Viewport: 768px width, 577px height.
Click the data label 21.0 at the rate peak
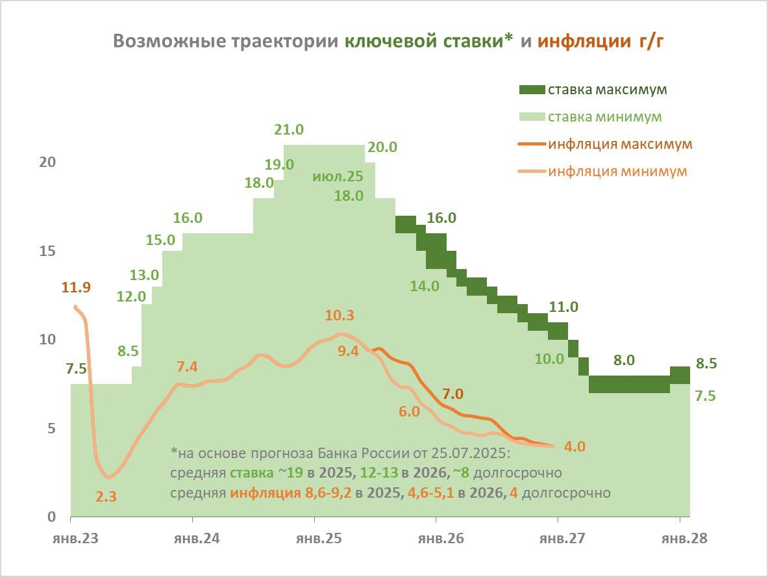289,129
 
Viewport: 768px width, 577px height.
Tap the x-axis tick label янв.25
314,539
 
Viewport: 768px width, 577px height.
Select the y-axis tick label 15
47,251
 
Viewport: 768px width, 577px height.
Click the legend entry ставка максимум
607,90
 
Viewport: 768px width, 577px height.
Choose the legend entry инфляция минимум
617,172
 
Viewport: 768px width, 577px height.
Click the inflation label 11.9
77,287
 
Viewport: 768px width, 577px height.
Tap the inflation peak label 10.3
340,316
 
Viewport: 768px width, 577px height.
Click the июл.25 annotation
338,176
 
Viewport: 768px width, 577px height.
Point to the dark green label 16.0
442,218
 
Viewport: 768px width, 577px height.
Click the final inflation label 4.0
575,446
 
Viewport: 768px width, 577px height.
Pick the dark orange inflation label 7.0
452,394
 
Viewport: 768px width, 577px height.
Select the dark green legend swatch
530,90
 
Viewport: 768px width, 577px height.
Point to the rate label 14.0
425,285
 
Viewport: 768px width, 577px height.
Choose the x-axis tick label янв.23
71,539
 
